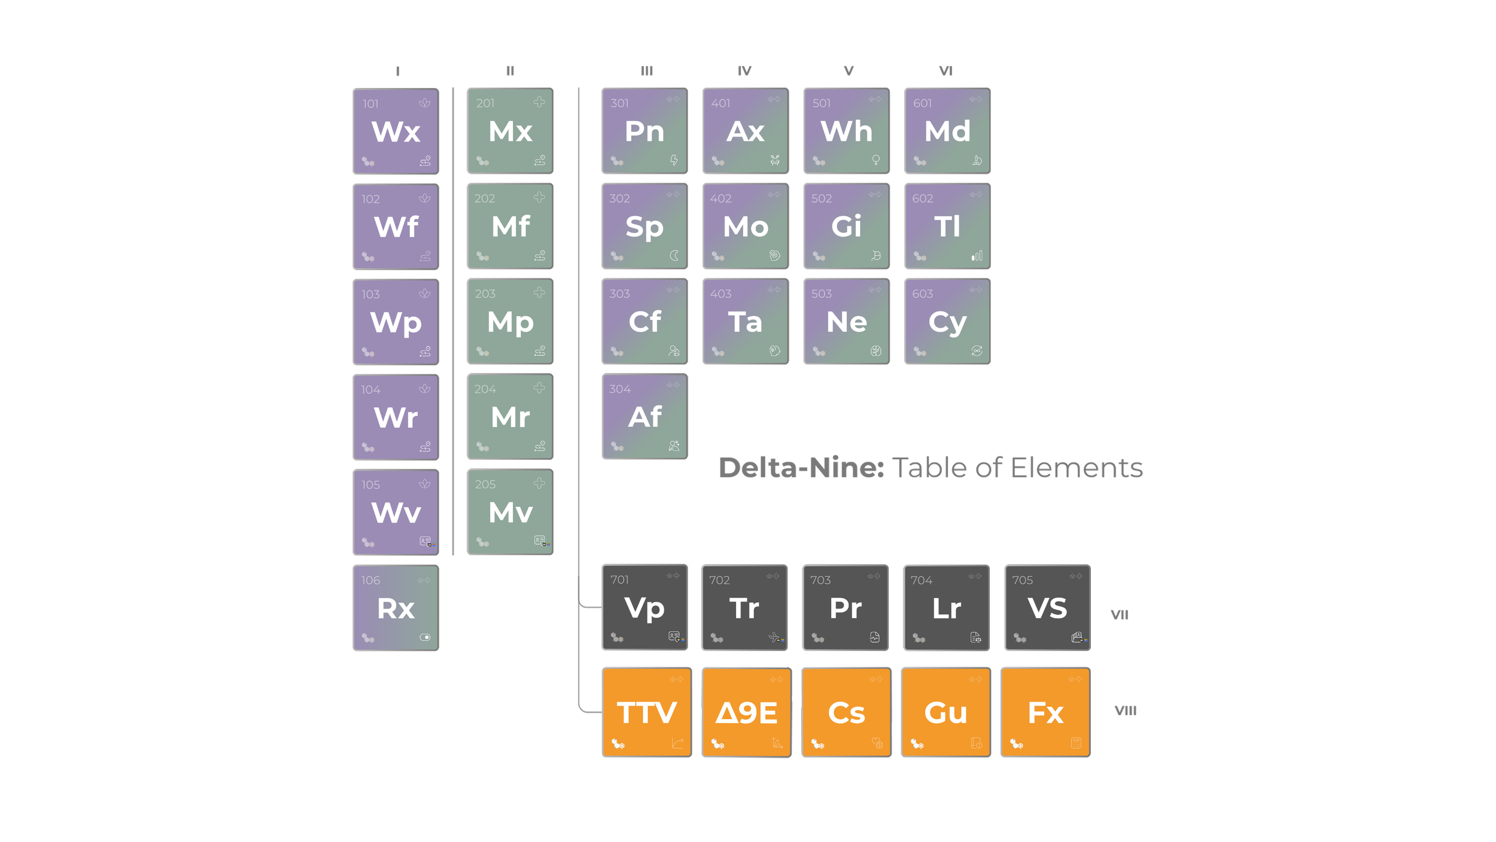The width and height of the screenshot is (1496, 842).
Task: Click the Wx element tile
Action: [x=396, y=131]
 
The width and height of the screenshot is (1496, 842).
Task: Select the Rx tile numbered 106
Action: [x=396, y=608]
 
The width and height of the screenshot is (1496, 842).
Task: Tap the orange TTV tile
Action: [x=646, y=712]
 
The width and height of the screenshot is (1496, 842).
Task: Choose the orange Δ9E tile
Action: [x=746, y=712]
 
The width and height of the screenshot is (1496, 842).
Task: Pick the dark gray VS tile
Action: [x=1047, y=608]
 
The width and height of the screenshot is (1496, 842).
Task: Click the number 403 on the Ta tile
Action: [x=720, y=294]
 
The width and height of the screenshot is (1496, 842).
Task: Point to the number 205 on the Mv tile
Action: [x=485, y=484]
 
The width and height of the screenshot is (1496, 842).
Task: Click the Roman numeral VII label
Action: [x=1119, y=614]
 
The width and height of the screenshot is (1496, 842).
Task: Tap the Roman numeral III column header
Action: [x=647, y=71]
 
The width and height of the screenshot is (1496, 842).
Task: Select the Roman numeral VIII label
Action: [x=1125, y=710]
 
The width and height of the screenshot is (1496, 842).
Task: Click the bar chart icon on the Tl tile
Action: [x=977, y=256]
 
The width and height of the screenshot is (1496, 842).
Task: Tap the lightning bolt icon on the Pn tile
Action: [x=674, y=160]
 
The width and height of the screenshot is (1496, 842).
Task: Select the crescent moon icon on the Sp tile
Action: [x=674, y=256]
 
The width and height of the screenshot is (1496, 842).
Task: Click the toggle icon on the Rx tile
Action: [x=425, y=637]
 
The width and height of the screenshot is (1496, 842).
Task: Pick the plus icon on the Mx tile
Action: [x=539, y=102]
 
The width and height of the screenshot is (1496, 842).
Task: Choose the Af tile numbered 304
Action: [x=644, y=417]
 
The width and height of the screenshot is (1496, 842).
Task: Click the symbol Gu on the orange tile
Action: [x=945, y=713]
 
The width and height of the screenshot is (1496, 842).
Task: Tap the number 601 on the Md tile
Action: [x=922, y=104]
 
